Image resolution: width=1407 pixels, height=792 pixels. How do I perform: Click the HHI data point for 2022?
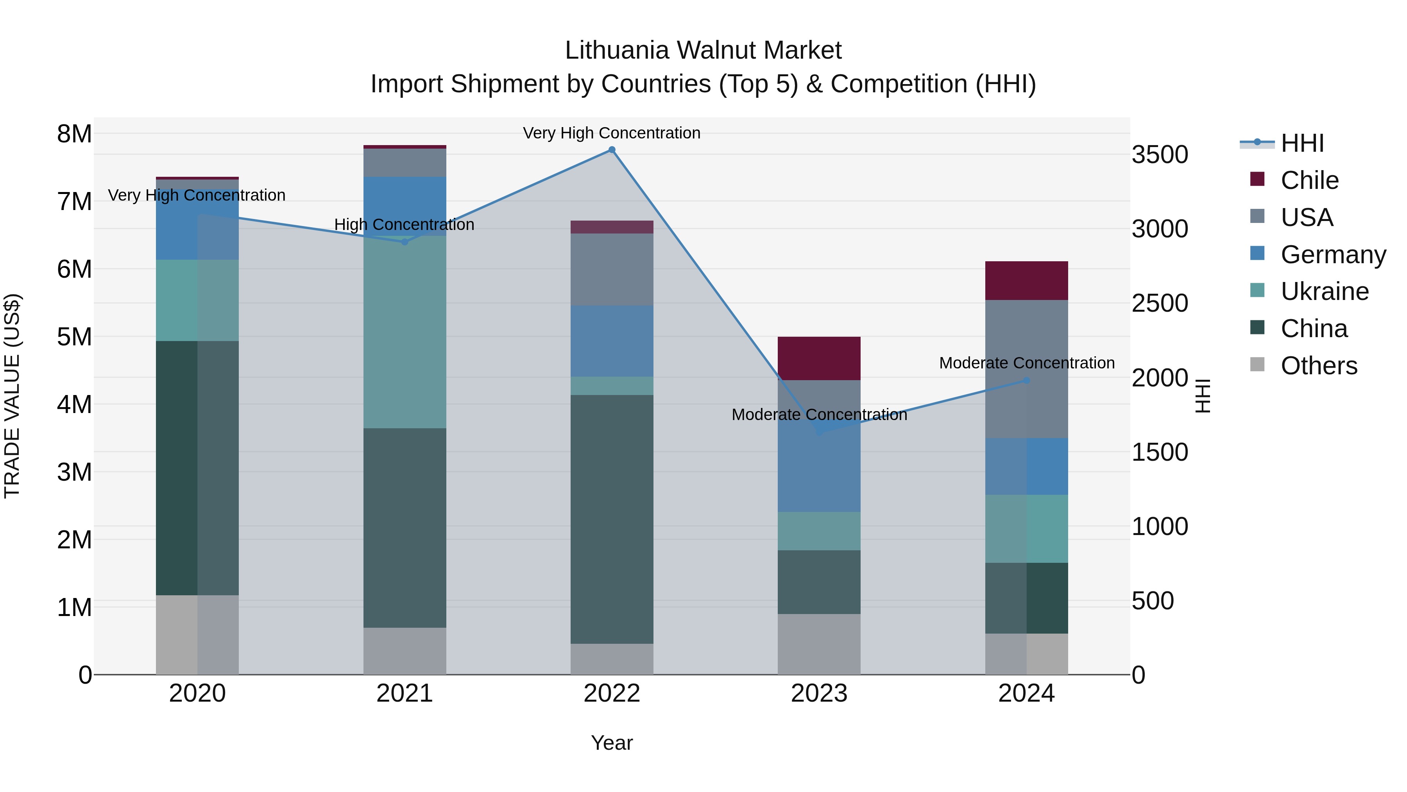pyautogui.click(x=612, y=150)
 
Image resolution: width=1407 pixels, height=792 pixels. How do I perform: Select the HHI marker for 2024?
pyautogui.click(x=1026, y=381)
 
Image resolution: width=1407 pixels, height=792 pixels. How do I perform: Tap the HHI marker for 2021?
pyautogui.click(x=405, y=242)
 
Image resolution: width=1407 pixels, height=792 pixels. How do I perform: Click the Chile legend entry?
pyautogui.click(x=1309, y=180)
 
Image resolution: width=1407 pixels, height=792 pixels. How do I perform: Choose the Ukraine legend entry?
pyautogui.click(x=1324, y=291)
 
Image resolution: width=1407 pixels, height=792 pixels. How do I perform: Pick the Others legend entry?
pyautogui.click(x=1319, y=366)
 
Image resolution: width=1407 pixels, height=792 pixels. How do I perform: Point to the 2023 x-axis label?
pyautogui.click(x=819, y=693)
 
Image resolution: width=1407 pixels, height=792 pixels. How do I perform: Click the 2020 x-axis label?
pyautogui.click(x=197, y=693)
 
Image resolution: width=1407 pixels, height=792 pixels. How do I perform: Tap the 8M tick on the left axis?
pyautogui.click(x=75, y=134)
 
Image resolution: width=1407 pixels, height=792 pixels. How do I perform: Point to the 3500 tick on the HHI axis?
pyautogui.click(x=1160, y=154)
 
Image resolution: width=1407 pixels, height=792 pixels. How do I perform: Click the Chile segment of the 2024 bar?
pyautogui.click(x=1026, y=281)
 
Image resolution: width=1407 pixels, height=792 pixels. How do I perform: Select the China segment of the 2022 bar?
pyautogui.click(x=612, y=519)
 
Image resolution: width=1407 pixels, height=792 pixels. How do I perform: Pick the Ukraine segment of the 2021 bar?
pyautogui.click(x=405, y=332)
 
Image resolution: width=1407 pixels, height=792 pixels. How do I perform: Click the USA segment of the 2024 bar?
pyautogui.click(x=1026, y=369)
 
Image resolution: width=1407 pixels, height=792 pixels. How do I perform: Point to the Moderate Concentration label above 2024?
pyautogui.click(x=1027, y=363)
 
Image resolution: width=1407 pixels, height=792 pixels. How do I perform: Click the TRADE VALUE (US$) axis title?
pyautogui.click(x=13, y=396)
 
